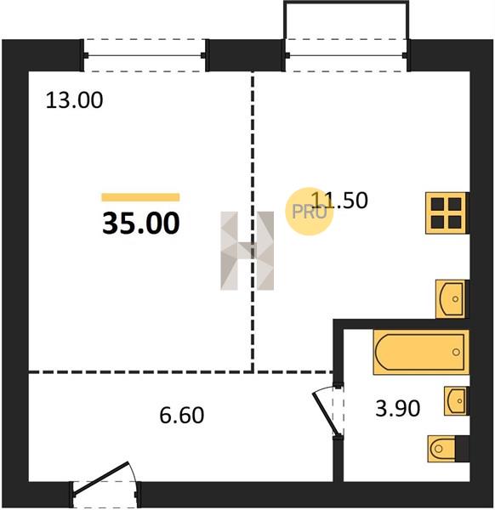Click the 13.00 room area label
pos(74,99)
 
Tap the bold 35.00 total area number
pos(141,223)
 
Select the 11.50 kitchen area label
pos(339,200)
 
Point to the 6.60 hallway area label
pos(182,415)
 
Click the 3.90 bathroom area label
pos(398,408)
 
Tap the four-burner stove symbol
pos(447,213)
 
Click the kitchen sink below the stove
pos(452,299)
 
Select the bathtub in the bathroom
pos(421,352)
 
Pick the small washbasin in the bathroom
pos(456,401)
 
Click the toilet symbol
pos(448,449)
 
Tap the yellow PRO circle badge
pos(310,212)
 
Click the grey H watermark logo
pos(247,251)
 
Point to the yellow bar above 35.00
pos(140,197)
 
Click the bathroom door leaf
pos(326,414)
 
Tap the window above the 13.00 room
pos(145,55)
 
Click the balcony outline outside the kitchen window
pos(346,3)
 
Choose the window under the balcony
pos(346,55)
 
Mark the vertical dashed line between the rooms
pos(253,221)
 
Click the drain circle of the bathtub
pos(456,352)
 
